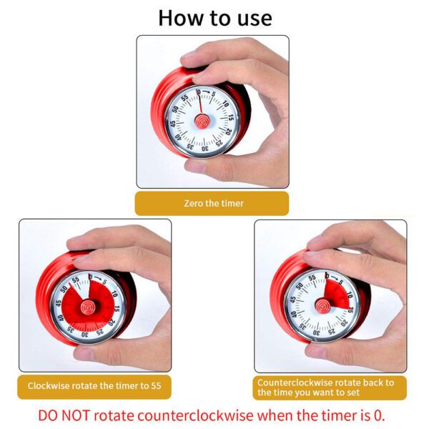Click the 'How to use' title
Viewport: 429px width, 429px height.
215,18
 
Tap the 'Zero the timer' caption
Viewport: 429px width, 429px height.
214,203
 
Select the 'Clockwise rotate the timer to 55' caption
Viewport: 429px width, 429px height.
94,386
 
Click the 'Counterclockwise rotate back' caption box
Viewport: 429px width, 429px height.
330,388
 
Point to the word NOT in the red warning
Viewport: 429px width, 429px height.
75,415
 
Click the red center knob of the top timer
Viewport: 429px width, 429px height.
202,122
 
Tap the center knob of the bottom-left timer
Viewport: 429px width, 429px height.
89,307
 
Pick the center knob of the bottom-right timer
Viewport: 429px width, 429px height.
323,306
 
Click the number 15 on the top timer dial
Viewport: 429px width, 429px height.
232,118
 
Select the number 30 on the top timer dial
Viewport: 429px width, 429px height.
205,149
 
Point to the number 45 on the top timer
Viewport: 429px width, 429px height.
173,124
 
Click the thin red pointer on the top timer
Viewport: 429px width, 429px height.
200,104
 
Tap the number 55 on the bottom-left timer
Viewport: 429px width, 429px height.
75,280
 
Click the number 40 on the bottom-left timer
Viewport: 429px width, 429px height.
61,318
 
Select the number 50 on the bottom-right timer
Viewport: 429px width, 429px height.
300,286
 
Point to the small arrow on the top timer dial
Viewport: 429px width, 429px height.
206,92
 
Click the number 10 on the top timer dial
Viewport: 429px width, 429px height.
225,104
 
